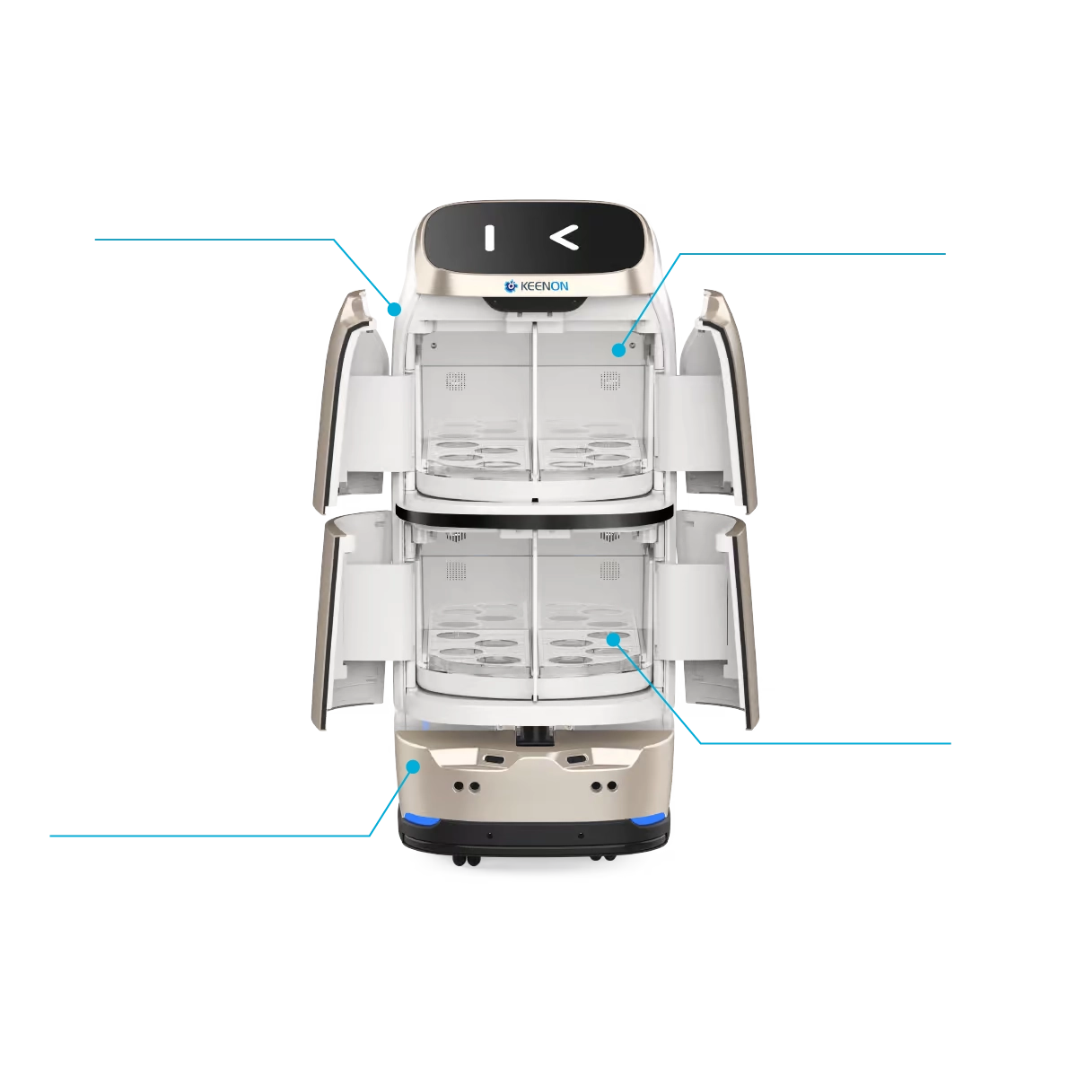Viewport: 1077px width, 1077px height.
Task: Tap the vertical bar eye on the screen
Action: [x=489, y=238]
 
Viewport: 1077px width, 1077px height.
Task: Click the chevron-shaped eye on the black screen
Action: [x=564, y=238]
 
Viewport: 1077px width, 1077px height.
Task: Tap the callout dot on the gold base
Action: [x=413, y=766]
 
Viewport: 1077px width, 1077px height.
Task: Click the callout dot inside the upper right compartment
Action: [x=618, y=349]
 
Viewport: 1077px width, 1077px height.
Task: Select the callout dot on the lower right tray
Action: [x=613, y=639]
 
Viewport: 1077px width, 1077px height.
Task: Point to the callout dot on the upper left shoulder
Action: [x=395, y=308]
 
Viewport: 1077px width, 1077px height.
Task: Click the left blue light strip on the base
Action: [x=420, y=818]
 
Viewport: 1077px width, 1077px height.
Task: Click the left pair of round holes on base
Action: [x=465, y=785]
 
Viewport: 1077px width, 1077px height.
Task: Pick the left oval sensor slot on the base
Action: [x=494, y=759]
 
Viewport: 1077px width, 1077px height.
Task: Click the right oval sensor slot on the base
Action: [x=575, y=759]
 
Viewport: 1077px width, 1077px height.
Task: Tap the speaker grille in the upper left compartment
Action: [x=457, y=381]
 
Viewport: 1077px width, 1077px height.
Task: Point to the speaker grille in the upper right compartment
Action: [x=611, y=381]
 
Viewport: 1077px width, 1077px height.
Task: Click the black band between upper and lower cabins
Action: [x=534, y=512]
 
